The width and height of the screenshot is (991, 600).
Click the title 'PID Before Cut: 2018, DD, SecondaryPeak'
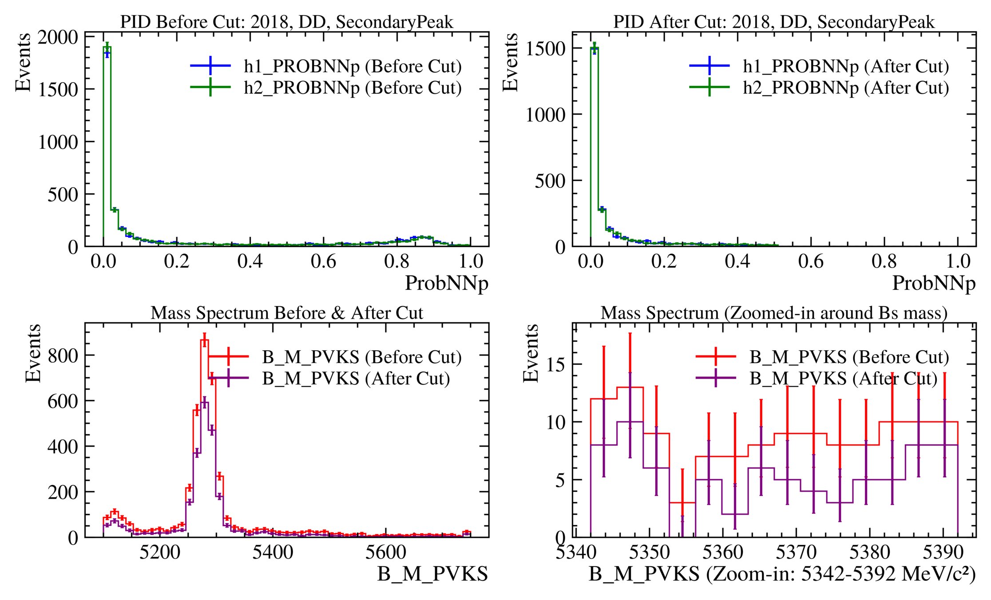pyautogui.click(x=287, y=22)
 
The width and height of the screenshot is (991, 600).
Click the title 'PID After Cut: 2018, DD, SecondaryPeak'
pyautogui.click(x=774, y=22)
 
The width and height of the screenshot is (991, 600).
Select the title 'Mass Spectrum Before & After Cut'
pyautogui.click(x=287, y=313)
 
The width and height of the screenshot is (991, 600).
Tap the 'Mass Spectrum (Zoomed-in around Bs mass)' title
pyautogui.click(x=774, y=313)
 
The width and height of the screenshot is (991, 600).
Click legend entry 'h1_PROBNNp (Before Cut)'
pyautogui.click(x=353, y=66)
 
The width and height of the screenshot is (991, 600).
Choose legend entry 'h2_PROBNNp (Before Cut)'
pyautogui.click(x=353, y=88)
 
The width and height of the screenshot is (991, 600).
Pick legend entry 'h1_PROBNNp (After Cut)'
pyautogui.click(x=846, y=66)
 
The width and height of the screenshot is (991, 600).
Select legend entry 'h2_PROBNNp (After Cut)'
pyautogui.click(x=846, y=88)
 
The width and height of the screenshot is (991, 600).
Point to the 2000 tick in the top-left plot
pyautogui.click(x=58, y=37)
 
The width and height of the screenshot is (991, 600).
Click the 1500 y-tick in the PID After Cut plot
pyautogui.click(x=545, y=48)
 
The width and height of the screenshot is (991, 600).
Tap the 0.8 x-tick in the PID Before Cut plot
pyautogui.click(x=396, y=261)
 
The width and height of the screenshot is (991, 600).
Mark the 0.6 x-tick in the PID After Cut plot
pyautogui.click(x=811, y=261)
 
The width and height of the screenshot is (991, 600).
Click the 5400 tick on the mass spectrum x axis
pyautogui.click(x=273, y=552)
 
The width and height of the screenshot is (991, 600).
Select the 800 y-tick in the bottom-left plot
pyautogui.click(x=63, y=356)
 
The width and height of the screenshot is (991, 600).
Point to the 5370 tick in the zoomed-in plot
pyautogui.click(x=796, y=552)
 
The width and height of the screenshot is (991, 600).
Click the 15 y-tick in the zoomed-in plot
pyautogui.click(x=556, y=364)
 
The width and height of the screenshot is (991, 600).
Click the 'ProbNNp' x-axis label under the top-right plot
pyautogui.click(x=934, y=283)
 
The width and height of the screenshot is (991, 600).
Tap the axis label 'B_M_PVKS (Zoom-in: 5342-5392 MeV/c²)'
pyautogui.click(x=782, y=574)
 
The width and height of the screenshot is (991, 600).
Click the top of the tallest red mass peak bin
pyautogui.click(x=204, y=340)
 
